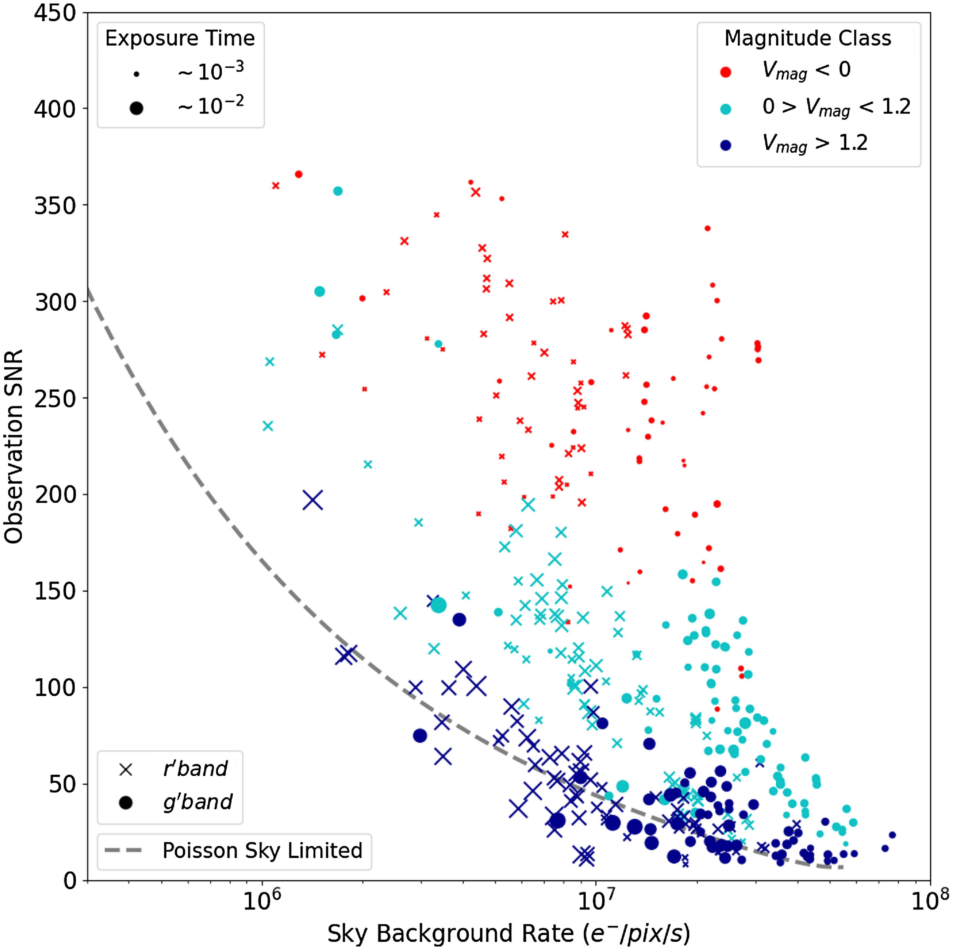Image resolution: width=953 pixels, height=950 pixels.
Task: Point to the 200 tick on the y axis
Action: pyautogui.click(x=55, y=495)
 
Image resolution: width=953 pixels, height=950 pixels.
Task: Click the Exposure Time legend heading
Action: pyautogui.click(x=180, y=38)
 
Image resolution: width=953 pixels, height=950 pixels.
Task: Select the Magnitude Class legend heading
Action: pyautogui.click(x=808, y=38)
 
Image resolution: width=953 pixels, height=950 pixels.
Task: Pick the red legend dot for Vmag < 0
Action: pyautogui.click(x=726, y=72)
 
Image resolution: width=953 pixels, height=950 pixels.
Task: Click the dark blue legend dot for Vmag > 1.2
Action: pyautogui.click(x=726, y=145)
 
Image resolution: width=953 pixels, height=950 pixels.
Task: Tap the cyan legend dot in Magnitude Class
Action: pyautogui.click(x=726, y=109)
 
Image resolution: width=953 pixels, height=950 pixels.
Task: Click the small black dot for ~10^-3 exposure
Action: pyautogui.click(x=137, y=75)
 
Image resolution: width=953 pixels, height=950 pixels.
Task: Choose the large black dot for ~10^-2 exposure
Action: pyautogui.click(x=137, y=108)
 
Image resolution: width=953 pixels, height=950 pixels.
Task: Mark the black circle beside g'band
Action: pyautogui.click(x=126, y=803)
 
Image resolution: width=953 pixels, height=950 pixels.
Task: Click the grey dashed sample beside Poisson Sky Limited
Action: pyautogui.click(x=123, y=850)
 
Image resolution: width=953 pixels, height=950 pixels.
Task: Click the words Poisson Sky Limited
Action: pyautogui.click(x=263, y=850)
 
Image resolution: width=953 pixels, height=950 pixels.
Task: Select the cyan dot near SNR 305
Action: pyautogui.click(x=320, y=291)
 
